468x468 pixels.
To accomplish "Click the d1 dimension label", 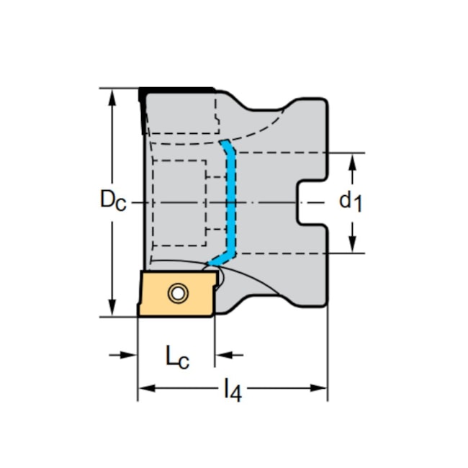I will point(351,201).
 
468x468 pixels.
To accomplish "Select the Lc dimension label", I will point(177,357).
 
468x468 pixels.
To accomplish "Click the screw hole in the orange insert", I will point(176,293).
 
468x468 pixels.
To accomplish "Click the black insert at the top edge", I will point(176,90).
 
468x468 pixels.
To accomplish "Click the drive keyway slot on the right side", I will point(311,203).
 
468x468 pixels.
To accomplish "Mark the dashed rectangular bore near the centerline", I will point(180,203).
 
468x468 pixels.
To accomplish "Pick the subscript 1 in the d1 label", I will point(358,206).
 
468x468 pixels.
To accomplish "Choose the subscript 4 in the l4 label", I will point(236,395).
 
